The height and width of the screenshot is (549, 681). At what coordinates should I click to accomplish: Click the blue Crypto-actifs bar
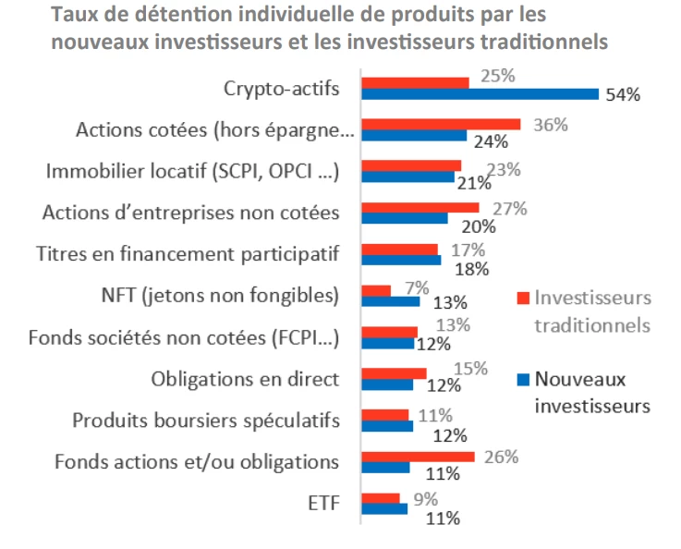(480, 93)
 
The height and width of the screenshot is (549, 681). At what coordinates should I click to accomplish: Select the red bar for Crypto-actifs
(415, 82)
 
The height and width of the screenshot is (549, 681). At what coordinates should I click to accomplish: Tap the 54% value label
(623, 95)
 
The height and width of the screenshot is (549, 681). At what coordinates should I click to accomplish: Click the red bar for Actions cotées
(441, 124)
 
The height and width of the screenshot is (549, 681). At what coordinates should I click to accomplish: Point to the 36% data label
(550, 125)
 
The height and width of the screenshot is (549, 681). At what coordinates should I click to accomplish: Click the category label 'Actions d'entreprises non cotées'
(191, 213)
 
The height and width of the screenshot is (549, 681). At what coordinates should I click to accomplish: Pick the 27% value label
(509, 208)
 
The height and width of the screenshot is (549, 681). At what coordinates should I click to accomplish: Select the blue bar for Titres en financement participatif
(401, 260)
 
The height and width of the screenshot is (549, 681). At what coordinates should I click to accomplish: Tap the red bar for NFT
(376, 290)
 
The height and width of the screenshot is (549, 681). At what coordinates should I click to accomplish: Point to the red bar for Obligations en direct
(394, 373)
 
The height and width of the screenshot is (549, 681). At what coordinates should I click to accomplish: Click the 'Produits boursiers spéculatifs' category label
(206, 421)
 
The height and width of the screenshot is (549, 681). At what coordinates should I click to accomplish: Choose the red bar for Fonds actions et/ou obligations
(418, 457)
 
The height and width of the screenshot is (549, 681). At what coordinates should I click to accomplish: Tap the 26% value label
(505, 457)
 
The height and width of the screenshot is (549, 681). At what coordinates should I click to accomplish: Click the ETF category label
(322, 504)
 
